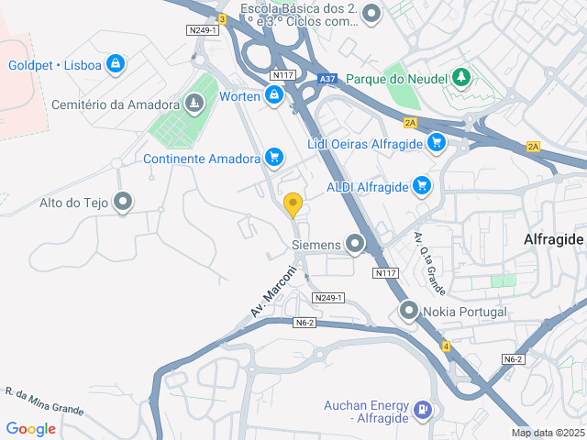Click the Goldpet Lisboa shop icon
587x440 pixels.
coord(115,64)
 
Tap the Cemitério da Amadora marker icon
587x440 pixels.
coord(194,104)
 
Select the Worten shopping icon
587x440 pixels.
coord(274,94)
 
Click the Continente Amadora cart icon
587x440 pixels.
coord(273,159)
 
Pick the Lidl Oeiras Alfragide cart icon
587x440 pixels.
coord(436,142)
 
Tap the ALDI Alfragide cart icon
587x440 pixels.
coord(422,186)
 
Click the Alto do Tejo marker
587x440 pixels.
coord(123,203)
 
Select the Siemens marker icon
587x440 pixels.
coord(354,245)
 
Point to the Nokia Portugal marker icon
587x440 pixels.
coord(409,312)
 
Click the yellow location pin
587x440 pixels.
coord(293,204)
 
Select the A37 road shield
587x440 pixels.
coord(327,80)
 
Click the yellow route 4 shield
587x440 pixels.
coord(446,346)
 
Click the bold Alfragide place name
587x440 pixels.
coord(553,238)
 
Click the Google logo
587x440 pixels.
coord(30,428)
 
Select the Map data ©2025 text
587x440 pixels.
coord(548,433)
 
